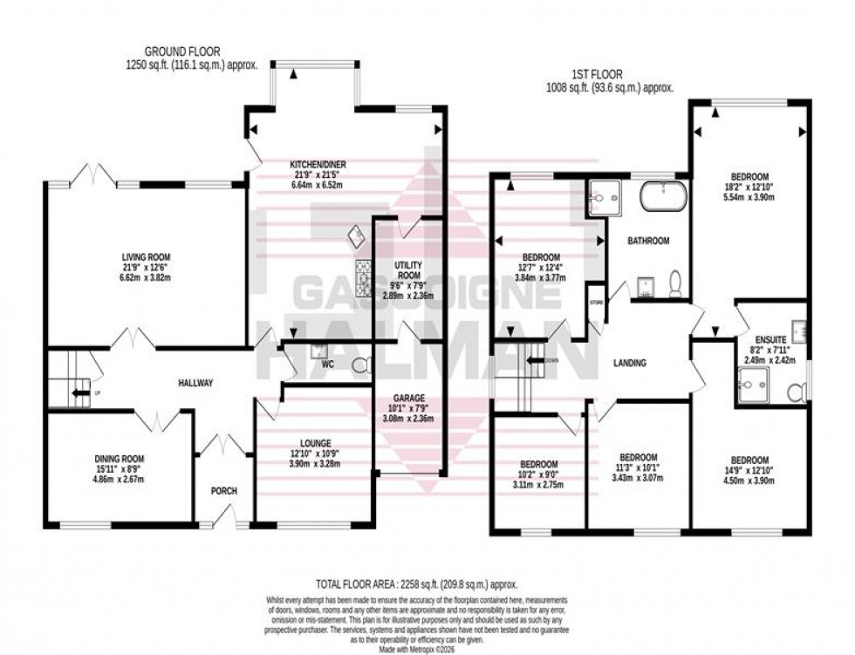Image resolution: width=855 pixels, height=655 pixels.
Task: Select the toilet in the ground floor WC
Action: pos(364,364)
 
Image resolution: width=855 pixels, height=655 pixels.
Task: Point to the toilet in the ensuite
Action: pos(797,393)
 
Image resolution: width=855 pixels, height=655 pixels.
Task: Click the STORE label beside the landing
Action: pos(597,303)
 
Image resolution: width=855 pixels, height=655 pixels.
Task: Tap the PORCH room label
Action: pos(223,490)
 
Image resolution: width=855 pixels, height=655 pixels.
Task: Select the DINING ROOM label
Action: pos(120,459)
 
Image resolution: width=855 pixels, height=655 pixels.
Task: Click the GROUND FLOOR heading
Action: pos(182,51)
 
